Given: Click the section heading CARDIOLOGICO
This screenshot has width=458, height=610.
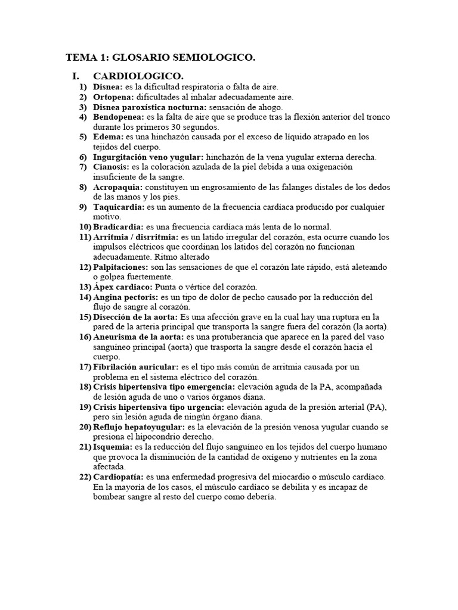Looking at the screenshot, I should (x=138, y=76).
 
